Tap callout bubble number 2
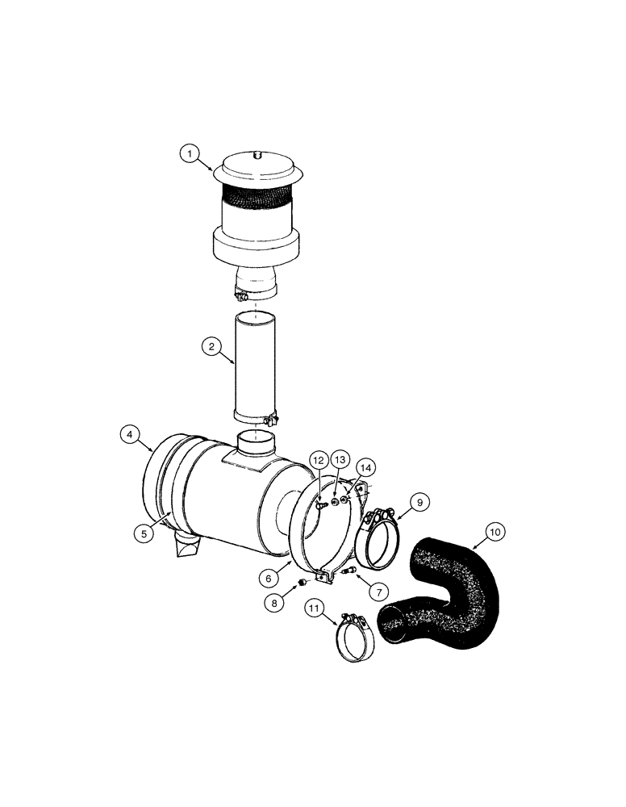211,347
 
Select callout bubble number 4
130,435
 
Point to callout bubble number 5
142,533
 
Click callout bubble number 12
317,461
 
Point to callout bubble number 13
340,459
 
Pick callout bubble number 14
366,467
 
